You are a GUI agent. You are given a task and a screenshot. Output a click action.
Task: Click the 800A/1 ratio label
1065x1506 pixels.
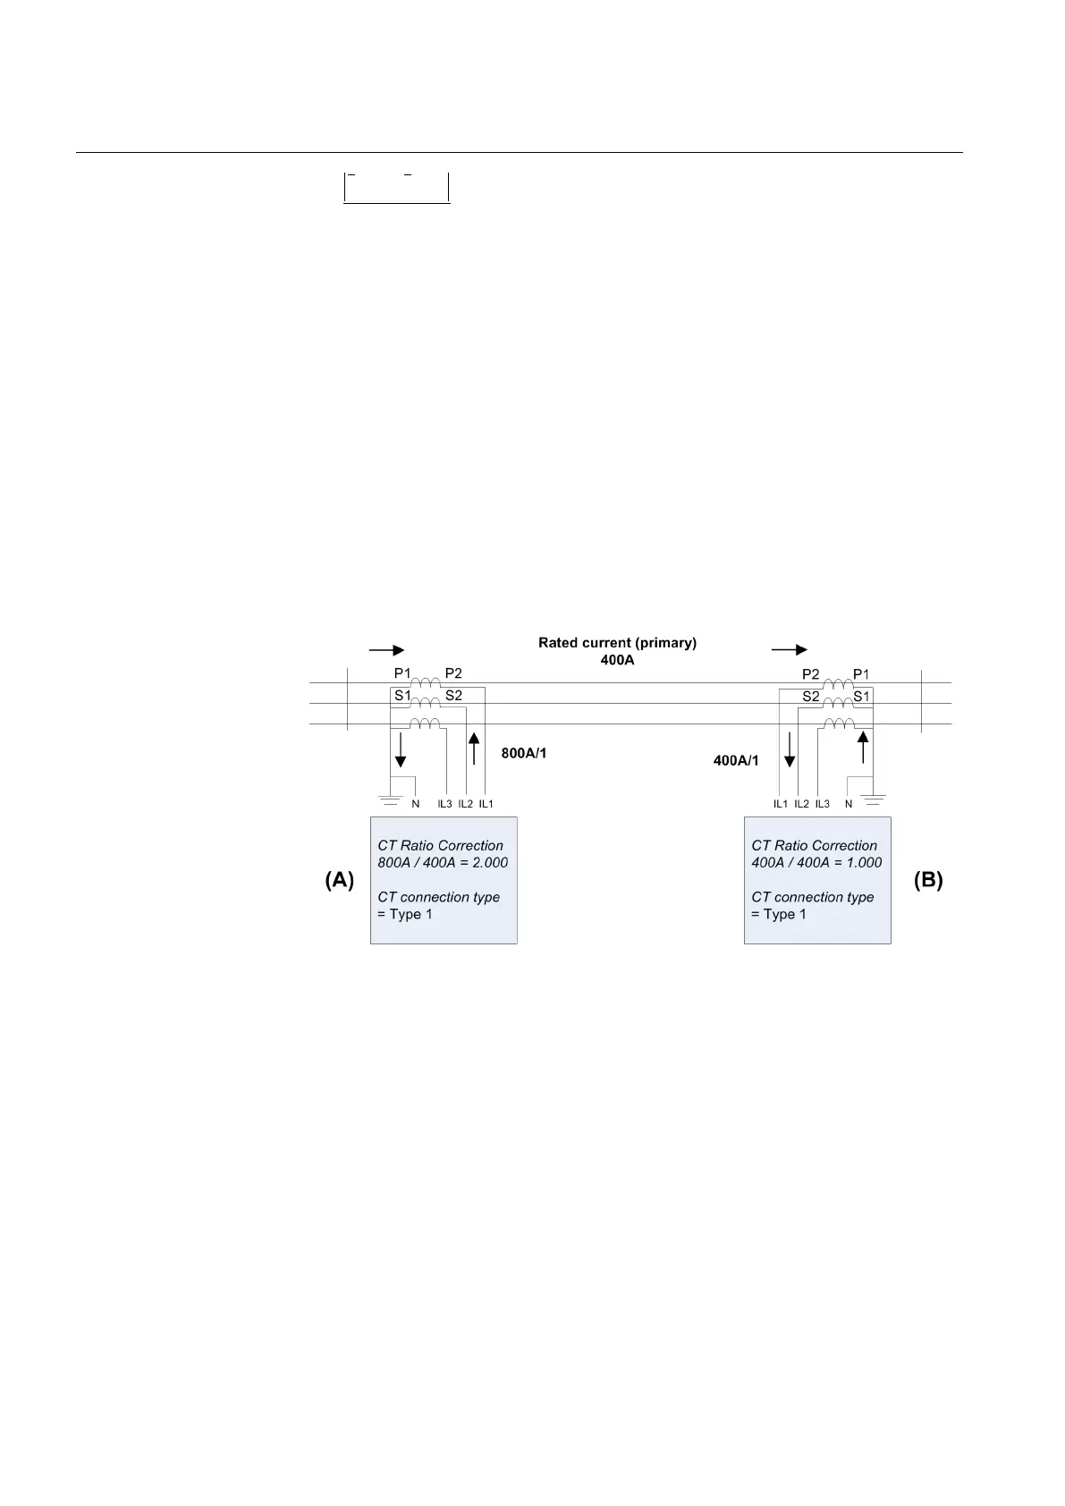[x=524, y=753]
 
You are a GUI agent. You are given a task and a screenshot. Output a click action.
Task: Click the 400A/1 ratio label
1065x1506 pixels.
[x=736, y=760]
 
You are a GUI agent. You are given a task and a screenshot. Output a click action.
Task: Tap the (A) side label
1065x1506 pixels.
[x=339, y=880]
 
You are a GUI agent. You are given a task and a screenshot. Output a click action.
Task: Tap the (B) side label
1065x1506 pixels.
[x=927, y=880]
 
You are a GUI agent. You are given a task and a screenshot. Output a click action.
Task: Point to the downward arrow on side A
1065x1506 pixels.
[x=401, y=749]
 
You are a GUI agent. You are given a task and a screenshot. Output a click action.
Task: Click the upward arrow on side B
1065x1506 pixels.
[x=864, y=748]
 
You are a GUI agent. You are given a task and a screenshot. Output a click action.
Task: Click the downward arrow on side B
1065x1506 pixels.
[x=790, y=749]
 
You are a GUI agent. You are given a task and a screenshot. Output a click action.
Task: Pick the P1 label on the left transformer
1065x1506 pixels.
[x=402, y=673]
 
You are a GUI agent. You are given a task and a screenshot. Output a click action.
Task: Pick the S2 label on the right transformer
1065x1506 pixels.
[x=811, y=696]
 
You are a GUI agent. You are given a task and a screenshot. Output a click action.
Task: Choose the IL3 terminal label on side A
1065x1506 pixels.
[x=444, y=804]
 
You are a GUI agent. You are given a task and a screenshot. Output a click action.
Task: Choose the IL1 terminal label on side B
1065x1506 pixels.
[x=781, y=804]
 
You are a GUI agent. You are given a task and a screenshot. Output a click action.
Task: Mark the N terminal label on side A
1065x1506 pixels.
[x=415, y=804]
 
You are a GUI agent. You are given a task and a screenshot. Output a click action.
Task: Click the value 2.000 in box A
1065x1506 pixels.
[x=490, y=863]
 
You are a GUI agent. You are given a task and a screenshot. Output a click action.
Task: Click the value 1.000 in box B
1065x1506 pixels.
[x=864, y=863]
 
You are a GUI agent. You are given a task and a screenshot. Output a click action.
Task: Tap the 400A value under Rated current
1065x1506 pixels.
[x=617, y=659]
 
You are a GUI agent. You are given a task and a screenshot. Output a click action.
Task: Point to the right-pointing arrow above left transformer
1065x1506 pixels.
[x=386, y=650]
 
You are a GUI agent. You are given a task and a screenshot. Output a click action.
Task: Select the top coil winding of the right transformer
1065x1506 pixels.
[x=838, y=685]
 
